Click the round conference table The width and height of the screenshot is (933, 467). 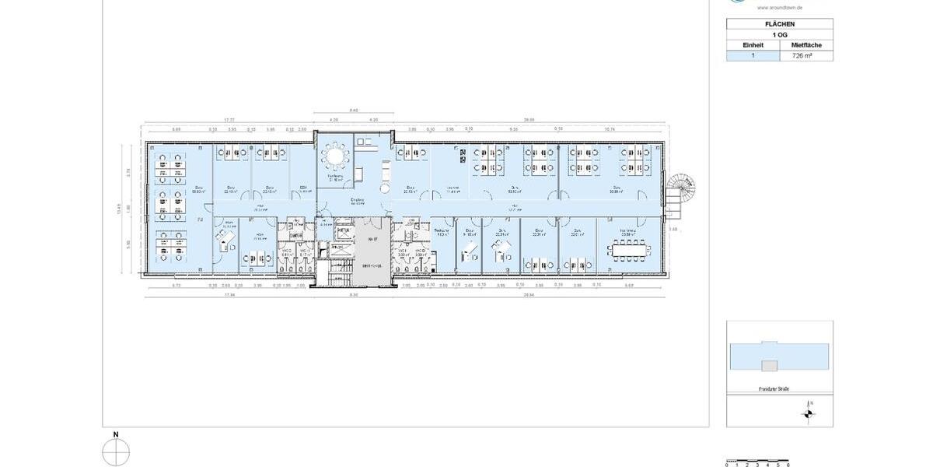pos(335,156)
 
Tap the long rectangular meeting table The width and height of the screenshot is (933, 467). pos(630,250)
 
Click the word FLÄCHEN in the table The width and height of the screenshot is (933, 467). pos(779,24)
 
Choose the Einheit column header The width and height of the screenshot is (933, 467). pos(753,45)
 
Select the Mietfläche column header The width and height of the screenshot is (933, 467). pos(806,45)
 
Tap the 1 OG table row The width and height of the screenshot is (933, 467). pos(779,35)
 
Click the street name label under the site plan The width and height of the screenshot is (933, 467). pos(774,388)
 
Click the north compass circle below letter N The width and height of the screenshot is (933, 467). pos(116,452)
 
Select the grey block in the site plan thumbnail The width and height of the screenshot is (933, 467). pos(769,366)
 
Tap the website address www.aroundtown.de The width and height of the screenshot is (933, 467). pos(780,7)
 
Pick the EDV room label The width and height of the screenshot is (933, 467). pos(303,188)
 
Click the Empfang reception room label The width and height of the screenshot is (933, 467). pos(358,200)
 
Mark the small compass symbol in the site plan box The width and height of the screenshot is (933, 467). pos(809,414)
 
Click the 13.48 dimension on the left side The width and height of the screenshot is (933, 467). pos(119,209)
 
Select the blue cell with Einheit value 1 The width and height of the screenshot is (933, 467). pos(753,56)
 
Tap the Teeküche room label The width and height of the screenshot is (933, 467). pos(442,231)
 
